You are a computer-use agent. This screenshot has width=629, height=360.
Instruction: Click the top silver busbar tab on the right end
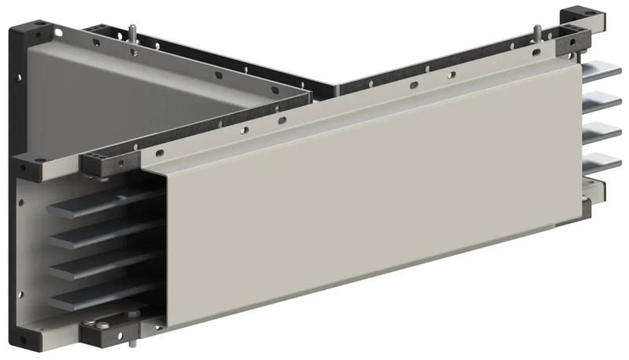(602, 72)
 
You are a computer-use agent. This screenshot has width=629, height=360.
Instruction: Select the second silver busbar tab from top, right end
(602, 101)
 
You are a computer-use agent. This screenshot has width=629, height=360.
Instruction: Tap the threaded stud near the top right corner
(537, 31)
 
